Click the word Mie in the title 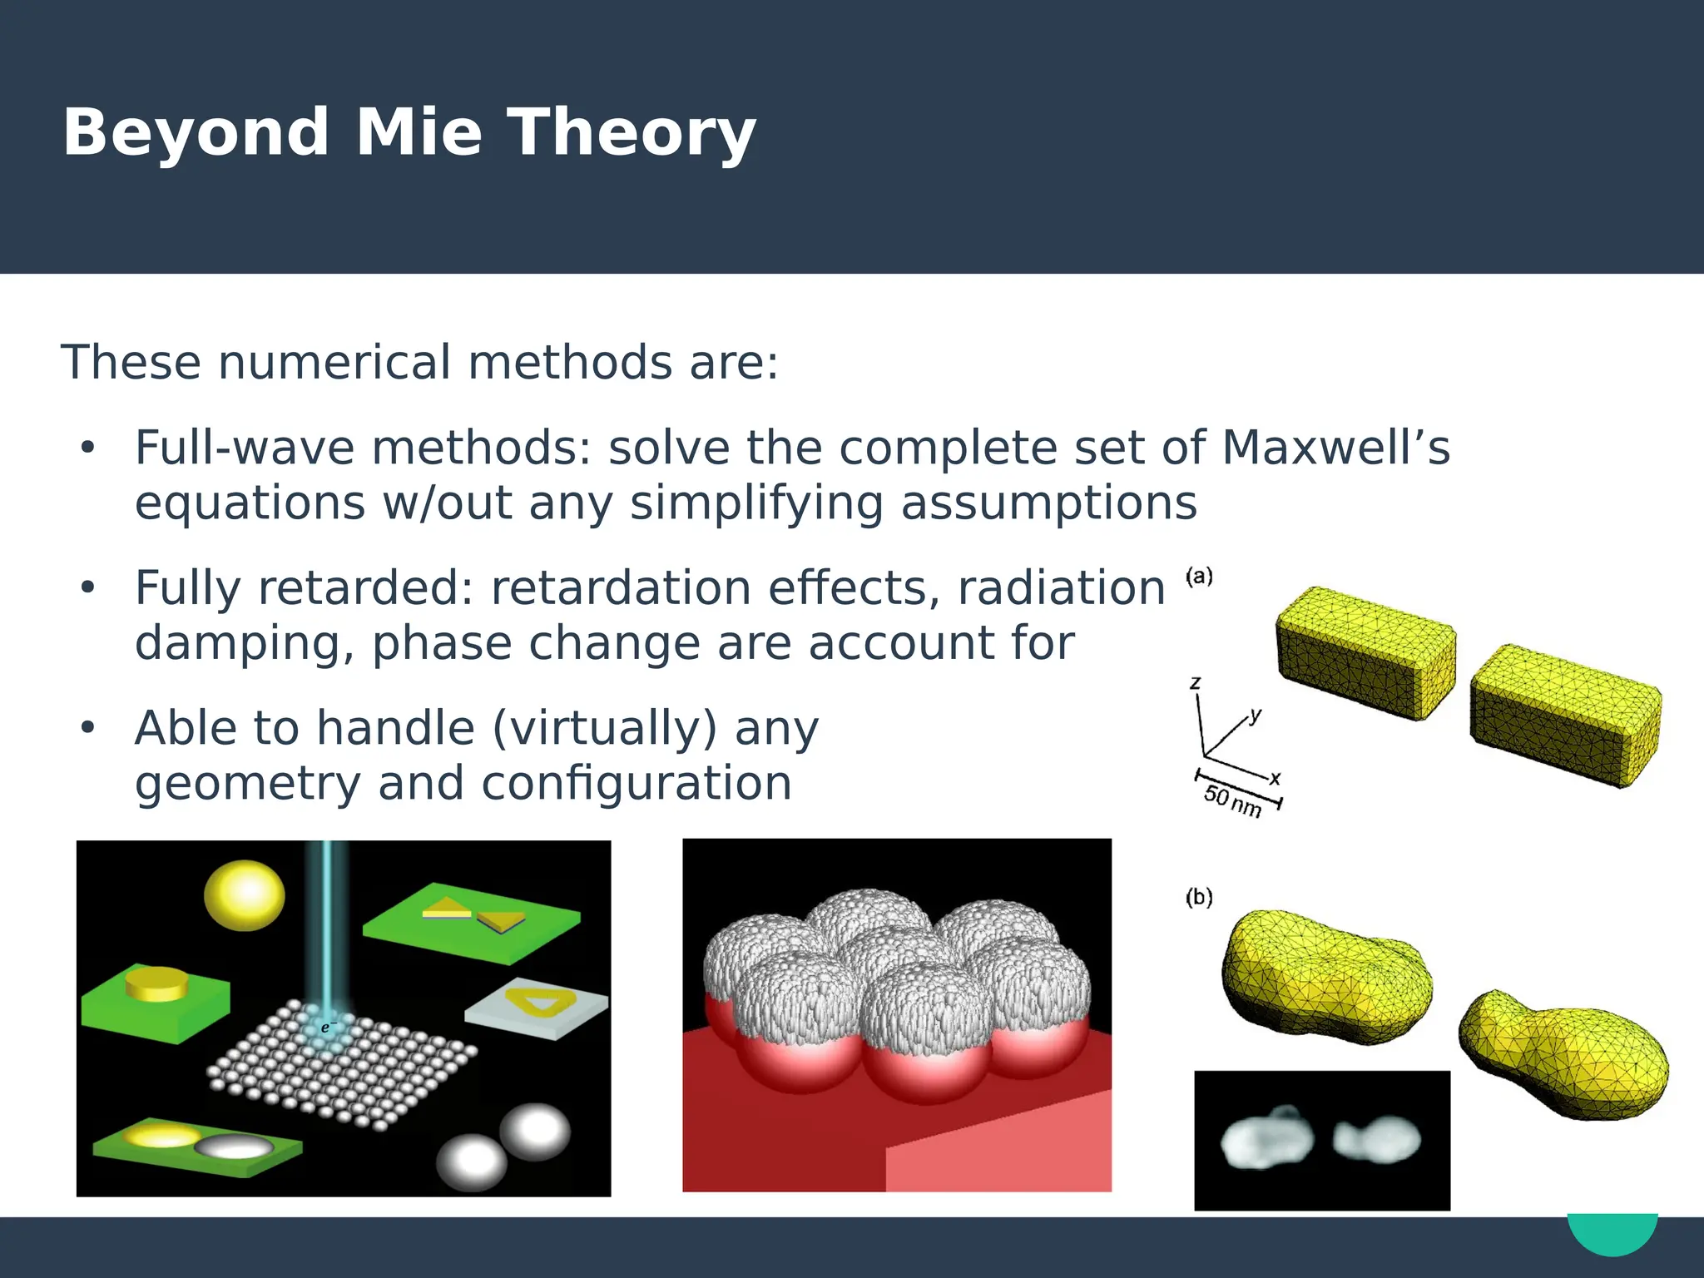coord(419,133)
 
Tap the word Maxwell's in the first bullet coord(1335,448)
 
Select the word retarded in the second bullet coord(366,588)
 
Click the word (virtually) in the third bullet coord(605,728)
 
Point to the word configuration coord(637,784)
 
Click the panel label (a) coord(1199,576)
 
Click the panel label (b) coord(1199,897)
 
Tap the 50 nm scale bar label coord(1232,800)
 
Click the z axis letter coord(1196,683)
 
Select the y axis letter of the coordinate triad coord(1256,715)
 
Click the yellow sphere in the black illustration coord(245,894)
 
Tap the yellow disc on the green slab coord(157,984)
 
